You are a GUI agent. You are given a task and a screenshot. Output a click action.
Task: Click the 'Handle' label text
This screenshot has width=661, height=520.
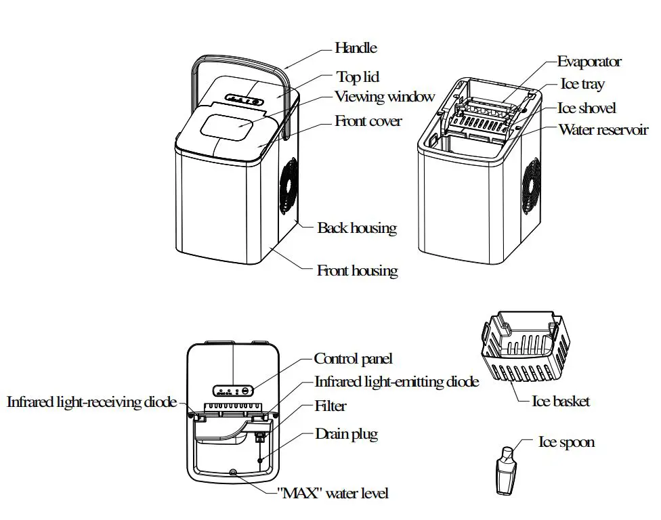coord(356,48)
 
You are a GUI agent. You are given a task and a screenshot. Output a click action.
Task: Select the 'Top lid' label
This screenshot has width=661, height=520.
coord(358,77)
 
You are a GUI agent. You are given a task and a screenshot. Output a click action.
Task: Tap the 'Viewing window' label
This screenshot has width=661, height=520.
coord(384,97)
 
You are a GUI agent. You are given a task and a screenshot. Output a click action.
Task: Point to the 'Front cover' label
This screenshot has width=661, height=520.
coord(368,121)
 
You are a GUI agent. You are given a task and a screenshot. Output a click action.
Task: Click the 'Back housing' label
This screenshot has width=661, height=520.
coord(357,227)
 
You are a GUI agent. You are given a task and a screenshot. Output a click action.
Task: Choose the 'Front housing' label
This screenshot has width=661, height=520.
coord(357,271)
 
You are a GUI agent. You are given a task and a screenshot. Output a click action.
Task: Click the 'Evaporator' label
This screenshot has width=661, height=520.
coord(589,62)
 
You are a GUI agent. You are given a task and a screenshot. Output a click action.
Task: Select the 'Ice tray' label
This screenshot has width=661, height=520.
coord(582,85)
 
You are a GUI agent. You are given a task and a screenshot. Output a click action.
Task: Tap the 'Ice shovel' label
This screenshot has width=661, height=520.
coord(587,108)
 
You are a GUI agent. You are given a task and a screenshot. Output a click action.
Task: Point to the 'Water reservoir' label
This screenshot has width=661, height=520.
coord(603,130)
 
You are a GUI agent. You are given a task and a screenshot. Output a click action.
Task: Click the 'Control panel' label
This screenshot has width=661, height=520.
coord(353,359)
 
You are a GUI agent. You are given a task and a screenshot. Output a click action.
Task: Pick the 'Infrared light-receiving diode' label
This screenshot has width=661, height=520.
coord(91,402)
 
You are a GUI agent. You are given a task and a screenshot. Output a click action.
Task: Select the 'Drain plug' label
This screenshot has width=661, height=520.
coord(346,434)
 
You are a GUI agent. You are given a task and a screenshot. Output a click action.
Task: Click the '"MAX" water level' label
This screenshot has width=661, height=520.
coord(333,493)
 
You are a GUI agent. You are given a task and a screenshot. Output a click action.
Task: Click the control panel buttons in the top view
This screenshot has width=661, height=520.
coord(233,390)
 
